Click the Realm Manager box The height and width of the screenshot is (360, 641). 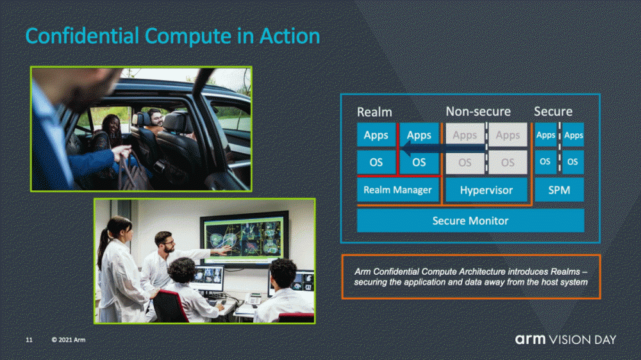coord(398,190)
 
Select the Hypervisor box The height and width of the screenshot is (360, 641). coord(486,190)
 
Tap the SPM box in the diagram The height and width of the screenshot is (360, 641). coord(559,190)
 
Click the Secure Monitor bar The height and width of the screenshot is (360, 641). coord(470,220)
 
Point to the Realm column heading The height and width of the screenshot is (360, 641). coord(374,112)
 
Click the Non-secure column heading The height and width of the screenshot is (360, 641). coord(478,111)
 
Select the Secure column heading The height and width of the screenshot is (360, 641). coord(553,111)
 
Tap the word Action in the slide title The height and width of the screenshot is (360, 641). coord(290,36)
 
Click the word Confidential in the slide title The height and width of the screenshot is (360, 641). coord(82,36)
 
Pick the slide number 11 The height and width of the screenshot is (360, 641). coord(29,340)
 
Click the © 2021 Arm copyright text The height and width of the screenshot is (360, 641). coord(69,340)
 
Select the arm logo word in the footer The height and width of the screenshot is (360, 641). coord(530,340)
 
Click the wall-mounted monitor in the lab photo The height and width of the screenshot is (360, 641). coord(244,239)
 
